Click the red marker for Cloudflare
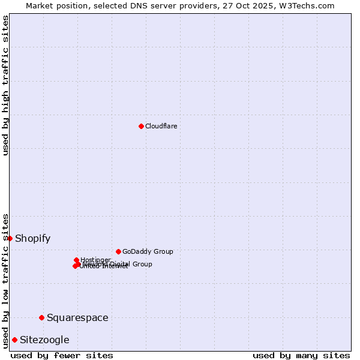click(141, 126)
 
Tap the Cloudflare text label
click(161, 126)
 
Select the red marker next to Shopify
click(10, 238)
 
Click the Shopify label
click(32, 238)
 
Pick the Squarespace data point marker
click(41, 317)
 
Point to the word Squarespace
click(77, 317)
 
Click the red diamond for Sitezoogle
click(14, 340)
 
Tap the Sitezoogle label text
click(44, 340)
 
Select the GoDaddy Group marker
click(118, 251)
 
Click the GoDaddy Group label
click(147, 251)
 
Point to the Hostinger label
click(95, 260)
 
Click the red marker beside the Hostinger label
click(76, 260)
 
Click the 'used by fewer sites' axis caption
click(62, 355)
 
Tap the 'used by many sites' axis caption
click(301, 355)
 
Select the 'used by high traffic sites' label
click(6, 85)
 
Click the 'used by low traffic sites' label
click(6, 280)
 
